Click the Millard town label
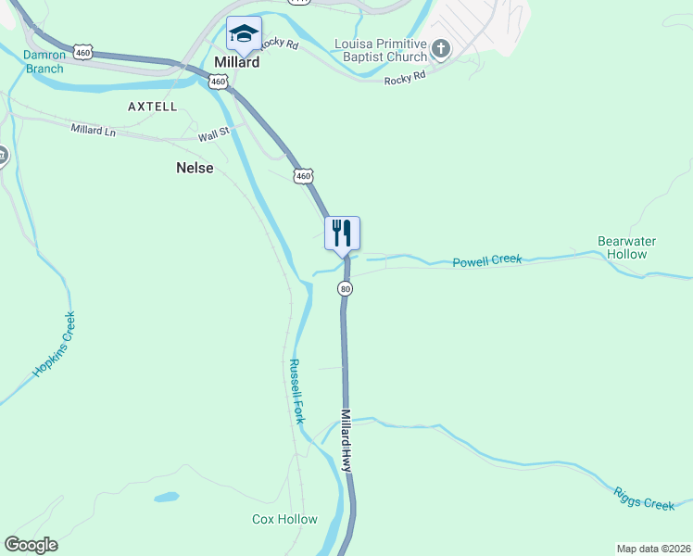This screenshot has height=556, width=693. coord(235,63)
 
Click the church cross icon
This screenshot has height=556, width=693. coord(440,48)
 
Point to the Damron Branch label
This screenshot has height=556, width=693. coord(44,61)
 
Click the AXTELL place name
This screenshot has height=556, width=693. coord(152,107)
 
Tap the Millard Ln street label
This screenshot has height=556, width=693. coord(94,130)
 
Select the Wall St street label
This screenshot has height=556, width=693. coord(213,135)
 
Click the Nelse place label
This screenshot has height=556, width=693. coord(195,168)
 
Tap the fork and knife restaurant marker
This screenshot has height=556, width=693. coord(342,232)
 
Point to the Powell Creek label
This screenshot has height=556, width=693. coord(487,261)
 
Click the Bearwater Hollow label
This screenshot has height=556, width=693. coord(626,247)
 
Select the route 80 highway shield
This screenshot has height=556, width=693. coord(346,289)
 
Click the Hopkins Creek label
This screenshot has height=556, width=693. coord(54,345)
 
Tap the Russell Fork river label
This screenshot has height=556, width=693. coord(296,391)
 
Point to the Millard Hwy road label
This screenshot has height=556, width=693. coord(346,441)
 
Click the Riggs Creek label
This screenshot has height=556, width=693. coord(644,499)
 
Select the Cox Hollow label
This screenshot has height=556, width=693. coord(284,519)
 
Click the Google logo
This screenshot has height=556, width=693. coord(31,545)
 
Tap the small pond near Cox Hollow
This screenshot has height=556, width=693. coord(167,498)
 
